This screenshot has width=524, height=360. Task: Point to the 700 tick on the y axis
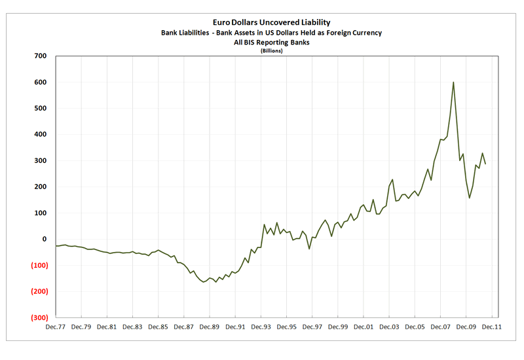click(40, 56)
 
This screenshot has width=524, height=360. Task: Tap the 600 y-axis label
click(40, 82)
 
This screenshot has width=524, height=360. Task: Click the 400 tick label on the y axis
click(40, 135)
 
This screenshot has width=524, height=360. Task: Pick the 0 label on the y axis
click(45, 240)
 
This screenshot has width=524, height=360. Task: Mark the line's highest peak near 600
click(453, 82)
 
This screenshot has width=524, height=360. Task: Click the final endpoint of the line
click(485, 164)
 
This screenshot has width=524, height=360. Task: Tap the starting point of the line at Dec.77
click(56, 246)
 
